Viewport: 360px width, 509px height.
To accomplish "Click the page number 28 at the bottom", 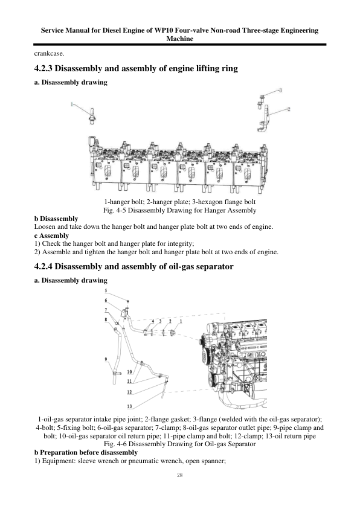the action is (180, 476).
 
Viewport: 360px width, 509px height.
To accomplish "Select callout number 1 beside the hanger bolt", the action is (72, 104).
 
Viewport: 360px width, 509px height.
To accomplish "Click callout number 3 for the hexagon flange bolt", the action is (280, 90).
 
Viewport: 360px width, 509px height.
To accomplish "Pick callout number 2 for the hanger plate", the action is (289, 109).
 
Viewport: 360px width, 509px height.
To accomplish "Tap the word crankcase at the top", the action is (49, 53).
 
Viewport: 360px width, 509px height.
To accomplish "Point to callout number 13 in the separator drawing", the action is (129, 406).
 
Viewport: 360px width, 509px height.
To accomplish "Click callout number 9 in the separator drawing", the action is (106, 359).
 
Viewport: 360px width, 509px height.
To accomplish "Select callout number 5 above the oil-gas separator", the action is (106, 291).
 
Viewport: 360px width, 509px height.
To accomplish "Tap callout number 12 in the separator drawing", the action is (129, 392).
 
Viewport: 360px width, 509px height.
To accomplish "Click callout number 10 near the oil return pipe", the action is (129, 372).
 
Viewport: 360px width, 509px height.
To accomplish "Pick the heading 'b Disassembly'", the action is (56, 219).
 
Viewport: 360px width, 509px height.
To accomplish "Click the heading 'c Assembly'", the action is (51, 235).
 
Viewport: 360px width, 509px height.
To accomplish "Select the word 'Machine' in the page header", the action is (180, 39).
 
